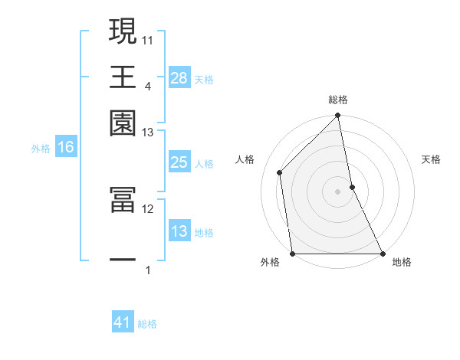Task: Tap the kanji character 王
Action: [x=123, y=77]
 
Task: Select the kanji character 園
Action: [x=123, y=122]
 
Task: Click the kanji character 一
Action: [x=123, y=260]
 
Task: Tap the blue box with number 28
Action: [x=179, y=77]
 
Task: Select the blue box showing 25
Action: [x=179, y=162]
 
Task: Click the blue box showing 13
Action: [x=179, y=232]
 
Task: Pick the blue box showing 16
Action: [x=66, y=148]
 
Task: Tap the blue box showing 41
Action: [x=123, y=322]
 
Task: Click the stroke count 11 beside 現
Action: [x=148, y=39]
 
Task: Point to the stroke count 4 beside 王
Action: [x=147, y=86]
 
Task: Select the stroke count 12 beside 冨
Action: [x=148, y=208]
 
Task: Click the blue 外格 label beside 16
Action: [x=40, y=149]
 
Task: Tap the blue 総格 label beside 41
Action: [x=147, y=324]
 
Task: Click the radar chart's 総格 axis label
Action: [x=338, y=100]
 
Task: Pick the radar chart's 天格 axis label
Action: [x=432, y=159]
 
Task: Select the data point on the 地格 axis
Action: [x=382, y=254]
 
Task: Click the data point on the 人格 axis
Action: [x=280, y=172]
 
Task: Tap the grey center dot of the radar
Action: [x=338, y=191]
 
